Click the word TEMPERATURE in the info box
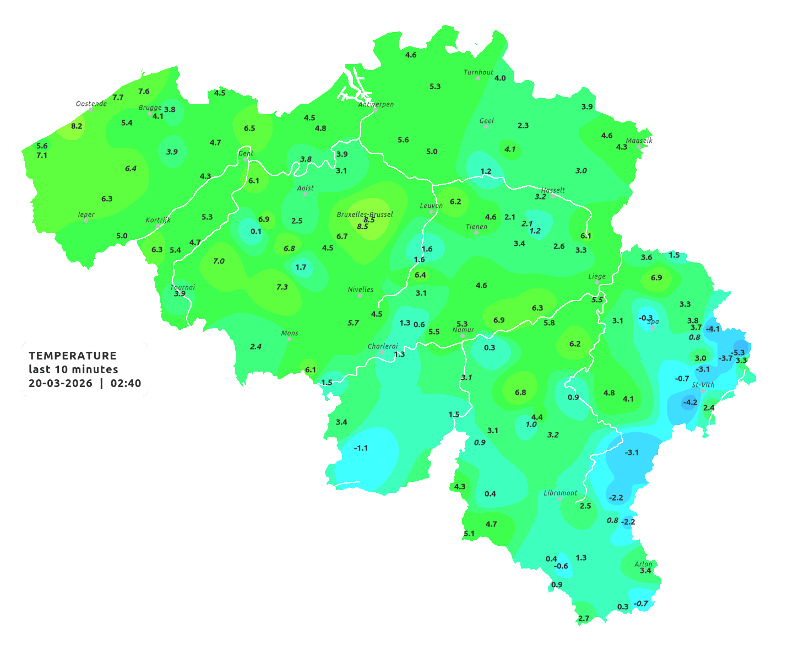pyautogui.click(x=73, y=356)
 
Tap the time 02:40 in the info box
pyautogui.click(x=126, y=383)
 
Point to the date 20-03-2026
pyautogui.click(x=61, y=383)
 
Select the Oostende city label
pyautogui.click(x=91, y=104)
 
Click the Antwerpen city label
pyautogui.click(x=376, y=104)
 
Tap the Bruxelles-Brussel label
pyautogui.click(x=365, y=214)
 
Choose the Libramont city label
pyautogui.click(x=561, y=493)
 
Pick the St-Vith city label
pyautogui.click(x=703, y=385)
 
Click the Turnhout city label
pyautogui.click(x=479, y=72)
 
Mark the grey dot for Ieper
pyautogui.click(x=86, y=221)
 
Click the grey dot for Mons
pyautogui.click(x=289, y=339)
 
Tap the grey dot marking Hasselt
pyautogui.click(x=553, y=196)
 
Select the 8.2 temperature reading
pyautogui.click(x=77, y=126)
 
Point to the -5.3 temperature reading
pyautogui.click(x=737, y=352)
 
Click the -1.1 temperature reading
pyautogui.click(x=361, y=448)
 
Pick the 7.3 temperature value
pyautogui.click(x=282, y=287)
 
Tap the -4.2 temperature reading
pyautogui.click(x=690, y=402)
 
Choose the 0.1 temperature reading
pyautogui.click(x=256, y=231)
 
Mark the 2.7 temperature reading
pyautogui.click(x=584, y=618)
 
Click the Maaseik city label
pyautogui.click(x=639, y=141)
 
